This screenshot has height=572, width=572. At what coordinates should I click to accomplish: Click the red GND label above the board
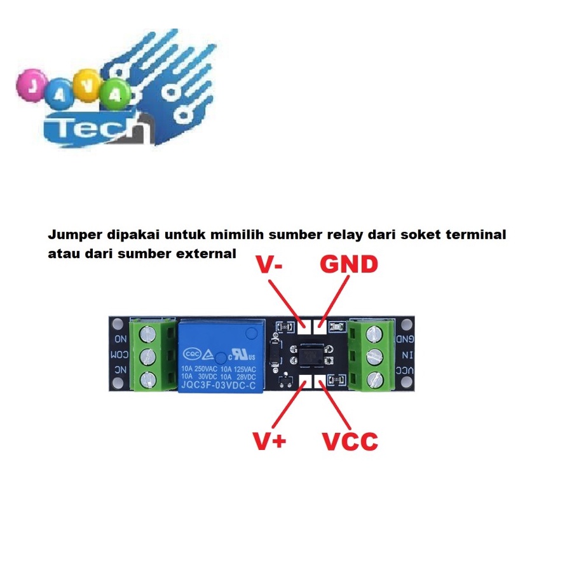(348, 265)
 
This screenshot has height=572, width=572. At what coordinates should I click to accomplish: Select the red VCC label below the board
(350, 441)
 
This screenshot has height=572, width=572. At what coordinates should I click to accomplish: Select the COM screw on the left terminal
(148, 355)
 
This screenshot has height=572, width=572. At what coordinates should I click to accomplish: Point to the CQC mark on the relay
(193, 354)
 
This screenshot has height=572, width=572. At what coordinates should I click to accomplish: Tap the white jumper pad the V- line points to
(304, 326)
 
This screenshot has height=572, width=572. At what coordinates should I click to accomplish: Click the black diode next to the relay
(275, 353)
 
